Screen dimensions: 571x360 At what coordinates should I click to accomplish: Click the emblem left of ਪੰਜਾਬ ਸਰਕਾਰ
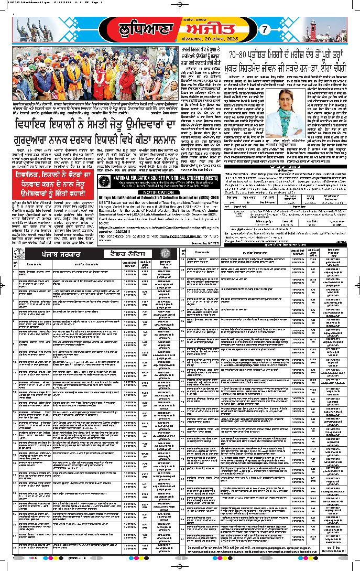click(18, 254)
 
